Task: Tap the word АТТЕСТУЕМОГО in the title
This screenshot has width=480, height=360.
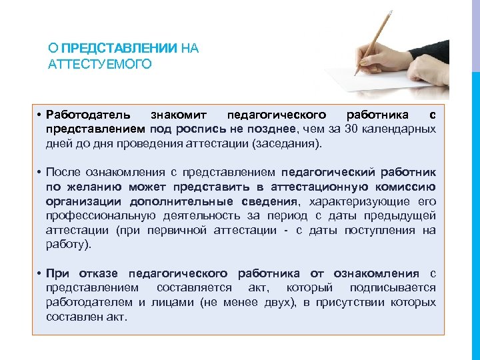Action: pyautogui.click(x=100, y=64)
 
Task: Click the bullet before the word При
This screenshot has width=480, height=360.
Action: pyautogui.click(x=40, y=273)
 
